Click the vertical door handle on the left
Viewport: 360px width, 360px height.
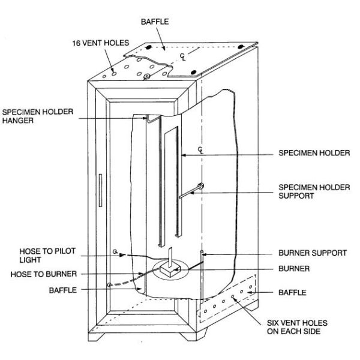pos(99,191)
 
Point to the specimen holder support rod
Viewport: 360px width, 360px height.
pos(191,191)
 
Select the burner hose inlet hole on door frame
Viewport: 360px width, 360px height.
pos(109,284)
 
